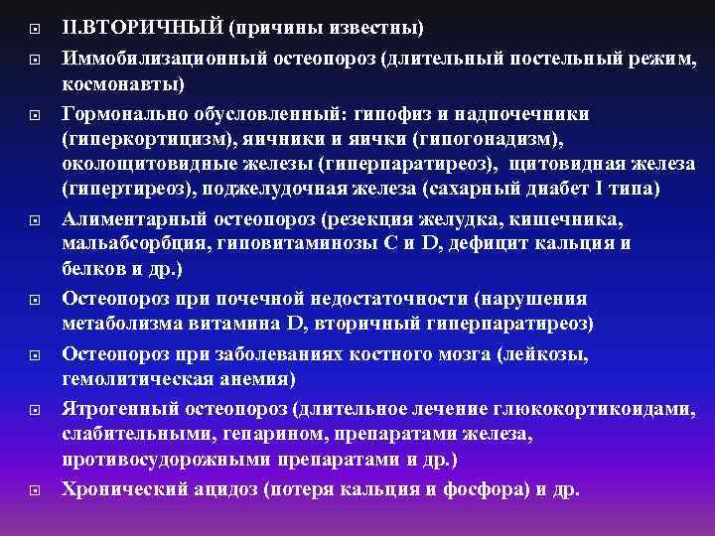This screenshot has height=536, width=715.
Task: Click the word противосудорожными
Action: (158, 461)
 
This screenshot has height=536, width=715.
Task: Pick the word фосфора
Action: (476, 488)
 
